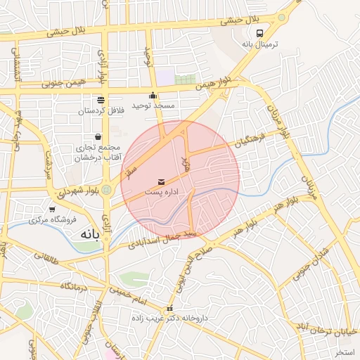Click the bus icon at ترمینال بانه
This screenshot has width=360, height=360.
(260, 33)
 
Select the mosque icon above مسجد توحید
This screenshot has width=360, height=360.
(153, 96)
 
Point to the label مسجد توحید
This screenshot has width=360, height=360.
(155, 105)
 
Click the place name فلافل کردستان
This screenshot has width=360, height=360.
(101, 110)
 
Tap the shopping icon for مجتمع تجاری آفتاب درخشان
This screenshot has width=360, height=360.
(98, 136)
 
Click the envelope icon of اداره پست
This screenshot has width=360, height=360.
(163, 181)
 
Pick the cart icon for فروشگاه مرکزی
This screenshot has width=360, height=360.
(52, 209)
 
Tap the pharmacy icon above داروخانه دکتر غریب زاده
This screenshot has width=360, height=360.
(169, 309)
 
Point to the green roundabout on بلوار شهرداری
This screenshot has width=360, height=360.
(107, 189)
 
